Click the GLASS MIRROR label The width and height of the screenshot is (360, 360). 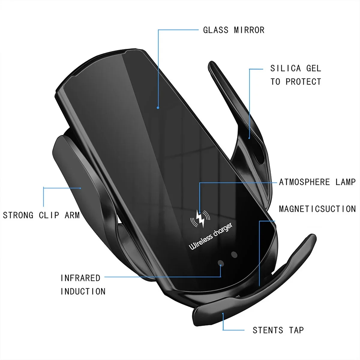pyautogui.click(x=234, y=30)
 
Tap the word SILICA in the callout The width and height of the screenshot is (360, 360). pyautogui.click(x=286, y=68)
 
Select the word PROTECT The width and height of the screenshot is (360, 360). pyautogui.click(x=303, y=82)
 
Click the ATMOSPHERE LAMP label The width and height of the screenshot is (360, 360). pyautogui.click(x=317, y=182)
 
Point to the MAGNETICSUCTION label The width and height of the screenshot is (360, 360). pyautogui.click(x=317, y=209)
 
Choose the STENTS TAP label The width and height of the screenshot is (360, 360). pyautogui.click(x=278, y=330)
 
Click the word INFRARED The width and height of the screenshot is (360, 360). pyautogui.click(x=80, y=278)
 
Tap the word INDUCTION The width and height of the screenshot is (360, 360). pyautogui.click(x=83, y=291)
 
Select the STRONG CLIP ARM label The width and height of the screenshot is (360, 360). pyautogui.click(x=41, y=215)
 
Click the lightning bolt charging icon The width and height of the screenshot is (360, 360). pyautogui.click(x=200, y=218)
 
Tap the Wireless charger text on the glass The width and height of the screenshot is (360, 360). pyautogui.click(x=211, y=236)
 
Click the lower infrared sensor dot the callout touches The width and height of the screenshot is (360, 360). pyautogui.click(x=221, y=263)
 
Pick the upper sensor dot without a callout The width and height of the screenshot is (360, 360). pyautogui.click(x=234, y=255)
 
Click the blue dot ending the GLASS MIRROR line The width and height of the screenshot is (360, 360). pyautogui.click(x=158, y=108)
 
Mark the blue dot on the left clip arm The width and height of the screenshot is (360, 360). pyautogui.click(x=80, y=188)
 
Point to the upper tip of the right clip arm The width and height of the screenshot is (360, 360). pyautogui.click(x=211, y=63)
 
